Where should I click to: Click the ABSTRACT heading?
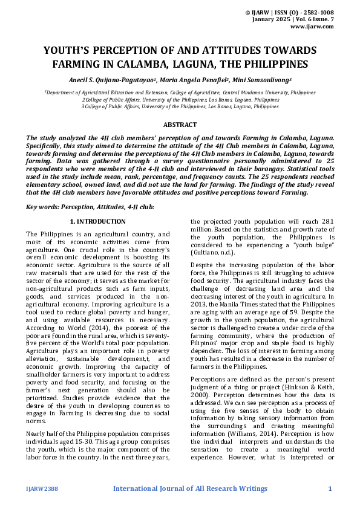tap(180, 125)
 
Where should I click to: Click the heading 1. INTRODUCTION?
tap(98, 222)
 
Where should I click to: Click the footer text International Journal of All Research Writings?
tap(190, 488)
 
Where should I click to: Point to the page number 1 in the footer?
tap(330, 488)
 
